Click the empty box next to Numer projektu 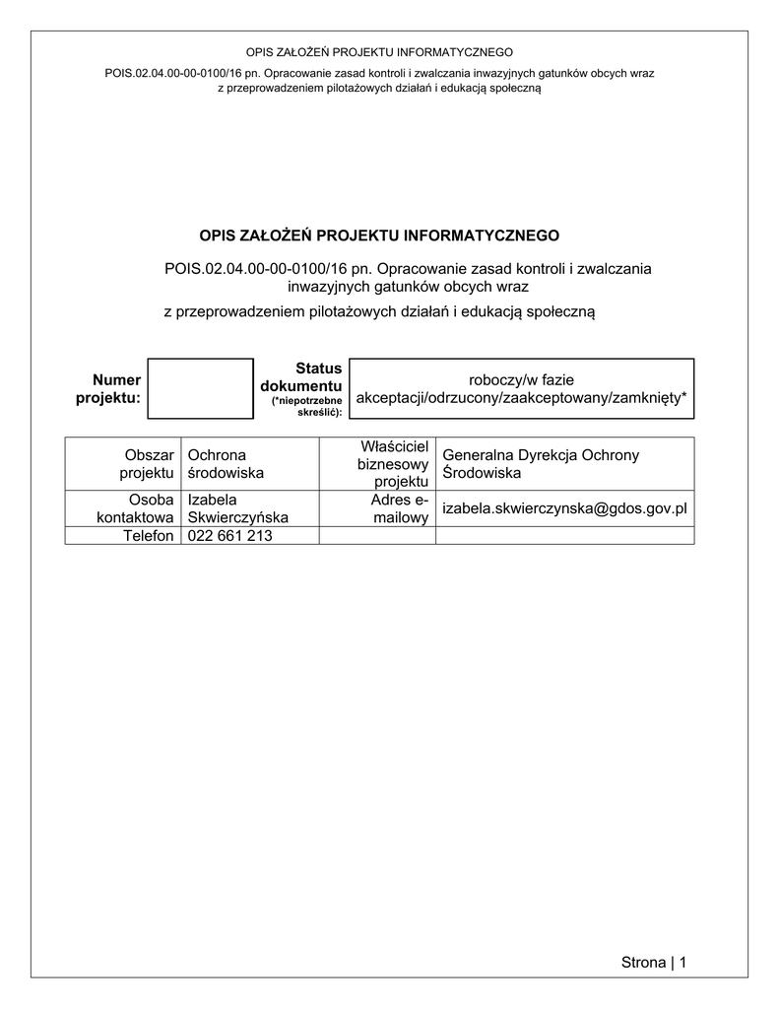[200, 388]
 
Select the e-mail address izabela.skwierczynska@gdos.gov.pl [564, 508]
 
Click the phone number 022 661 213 [229, 536]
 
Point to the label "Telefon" [148, 536]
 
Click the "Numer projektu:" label [108, 388]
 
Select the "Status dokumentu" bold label [301, 376]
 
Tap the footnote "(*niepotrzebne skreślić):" [306, 406]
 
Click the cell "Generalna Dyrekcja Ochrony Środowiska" [541, 464]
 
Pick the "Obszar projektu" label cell [147, 464]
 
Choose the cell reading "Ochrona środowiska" [226, 464]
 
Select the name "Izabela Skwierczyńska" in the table [237, 508]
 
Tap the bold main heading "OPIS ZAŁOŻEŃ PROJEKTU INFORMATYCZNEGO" [379, 235]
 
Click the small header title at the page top [379, 52]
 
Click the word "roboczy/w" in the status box [501, 378]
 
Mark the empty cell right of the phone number [377, 536]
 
